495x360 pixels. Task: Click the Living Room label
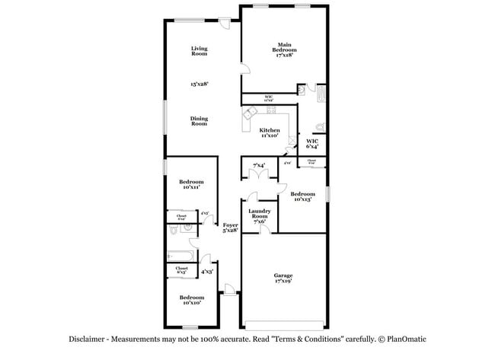tap(199, 51)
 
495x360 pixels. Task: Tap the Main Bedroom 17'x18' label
tap(286, 49)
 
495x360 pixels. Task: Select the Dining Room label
tap(199, 120)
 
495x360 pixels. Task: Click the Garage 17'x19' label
tap(283, 278)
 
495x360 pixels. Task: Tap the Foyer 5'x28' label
tap(230, 227)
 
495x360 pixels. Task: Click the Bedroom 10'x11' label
tap(191, 184)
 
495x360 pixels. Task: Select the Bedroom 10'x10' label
tap(191, 299)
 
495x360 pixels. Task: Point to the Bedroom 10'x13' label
tap(302, 196)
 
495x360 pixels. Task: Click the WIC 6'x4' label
tap(312, 144)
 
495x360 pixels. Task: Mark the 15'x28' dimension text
tap(199, 84)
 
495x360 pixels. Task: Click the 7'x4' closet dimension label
tap(259, 165)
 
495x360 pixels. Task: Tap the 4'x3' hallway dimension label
tap(206, 271)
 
